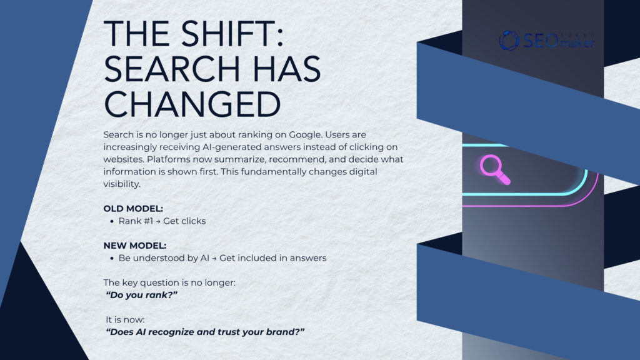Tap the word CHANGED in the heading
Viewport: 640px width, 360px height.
tap(192, 103)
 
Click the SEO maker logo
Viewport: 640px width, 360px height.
tap(546, 41)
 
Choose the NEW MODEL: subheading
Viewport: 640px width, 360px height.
tap(134, 245)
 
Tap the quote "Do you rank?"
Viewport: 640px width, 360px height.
tap(142, 294)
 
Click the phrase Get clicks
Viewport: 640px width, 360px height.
tap(184, 221)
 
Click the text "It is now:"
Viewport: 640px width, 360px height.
tap(125, 319)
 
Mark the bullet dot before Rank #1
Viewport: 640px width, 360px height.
tap(111, 222)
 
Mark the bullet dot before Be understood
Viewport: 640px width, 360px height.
tap(111, 258)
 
